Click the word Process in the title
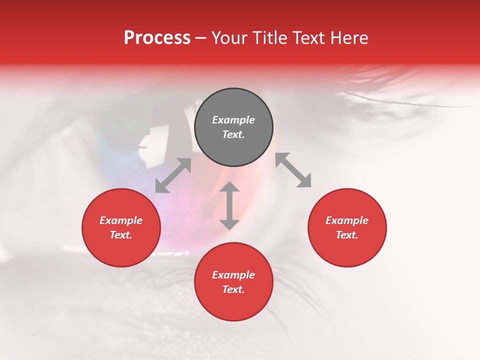pos(157,38)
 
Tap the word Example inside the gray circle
pos(233,120)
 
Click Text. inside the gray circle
pos(233,135)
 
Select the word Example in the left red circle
pos(121,220)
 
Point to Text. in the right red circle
pos(347,235)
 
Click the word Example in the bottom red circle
pos(233,275)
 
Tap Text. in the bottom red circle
pos(233,289)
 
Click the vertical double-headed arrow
pos(229,205)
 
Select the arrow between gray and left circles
pos(173,175)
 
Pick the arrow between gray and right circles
pos(293,170)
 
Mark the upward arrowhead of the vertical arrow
pos(229,187)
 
